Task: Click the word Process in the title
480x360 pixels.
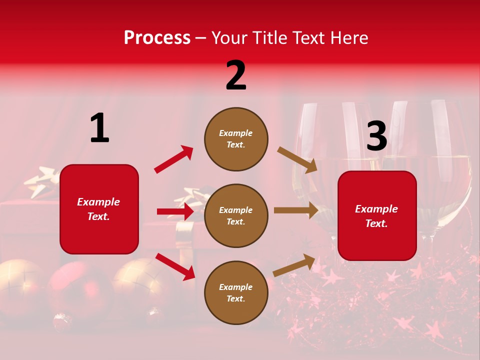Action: (x=157, y=38)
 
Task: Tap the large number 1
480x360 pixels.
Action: (x=99, y=128)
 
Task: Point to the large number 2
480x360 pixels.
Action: (x=236, y=75)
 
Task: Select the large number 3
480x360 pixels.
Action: (x=376, y=136)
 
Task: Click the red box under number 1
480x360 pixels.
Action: (x=99, y=209)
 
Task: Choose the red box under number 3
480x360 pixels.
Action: (x=377, y=215)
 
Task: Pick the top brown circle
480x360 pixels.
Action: (x=236, y=139)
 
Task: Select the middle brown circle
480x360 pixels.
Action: (x=236, y=215)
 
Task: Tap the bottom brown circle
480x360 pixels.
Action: (x=236, y=292)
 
